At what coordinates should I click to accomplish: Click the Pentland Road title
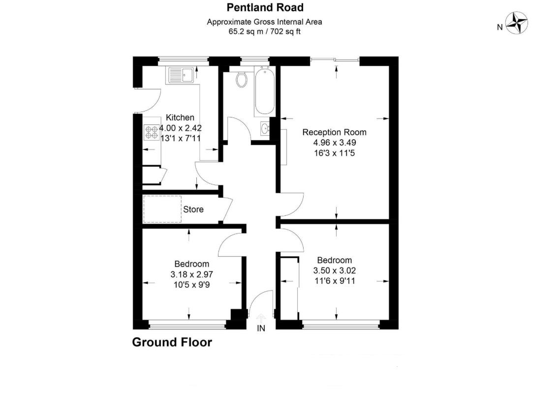point(265,7)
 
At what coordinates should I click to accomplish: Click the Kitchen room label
point(180,118)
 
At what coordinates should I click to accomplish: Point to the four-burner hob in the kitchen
point(152,132)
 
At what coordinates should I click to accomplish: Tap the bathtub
point(265,91)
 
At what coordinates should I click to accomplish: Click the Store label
point(193,209)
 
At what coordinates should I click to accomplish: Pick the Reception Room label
point(334,132)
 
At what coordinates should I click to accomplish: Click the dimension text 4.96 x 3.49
point(335,143)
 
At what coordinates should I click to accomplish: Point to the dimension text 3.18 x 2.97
point(192,275)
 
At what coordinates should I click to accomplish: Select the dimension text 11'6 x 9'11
point(335,281)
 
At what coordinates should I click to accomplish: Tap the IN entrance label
point(261,328)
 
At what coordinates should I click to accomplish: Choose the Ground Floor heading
point(172,343)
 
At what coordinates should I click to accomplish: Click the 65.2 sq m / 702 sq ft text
point(264,31)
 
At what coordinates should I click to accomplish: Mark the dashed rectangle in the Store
point(162,209)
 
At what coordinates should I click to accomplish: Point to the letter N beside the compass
point(500,27)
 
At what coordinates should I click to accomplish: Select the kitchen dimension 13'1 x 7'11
point(181,139)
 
